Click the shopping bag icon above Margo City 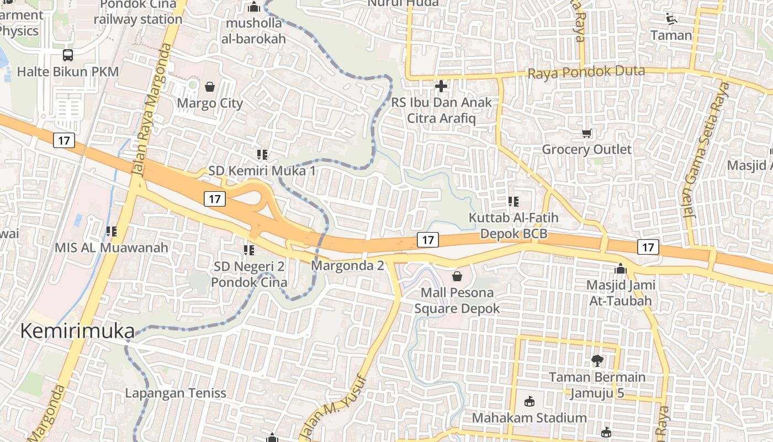[x=210, y=87]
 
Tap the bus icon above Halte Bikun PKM [x=68, y=55]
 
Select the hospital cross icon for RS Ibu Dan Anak [x=441, y=86]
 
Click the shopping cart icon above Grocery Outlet [x=587, y=133]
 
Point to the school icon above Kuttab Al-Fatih [x=513, y=202]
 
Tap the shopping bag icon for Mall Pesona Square [x=457, y=276]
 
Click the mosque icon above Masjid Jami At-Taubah [x=621, y=269]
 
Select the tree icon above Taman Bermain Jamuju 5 [x=597, y=361]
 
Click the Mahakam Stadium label [x=529, y=418]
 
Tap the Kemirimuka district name [x=77, y=331]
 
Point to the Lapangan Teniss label [x=176, y=393]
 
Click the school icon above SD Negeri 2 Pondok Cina [x=249, y=251]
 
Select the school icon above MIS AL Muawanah [x=112, y=231]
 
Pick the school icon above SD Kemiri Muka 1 [x=262, y=155]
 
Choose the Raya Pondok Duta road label [x=586, y=72]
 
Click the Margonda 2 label [x=347, y=266]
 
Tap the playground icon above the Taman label [x=671, y=19]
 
